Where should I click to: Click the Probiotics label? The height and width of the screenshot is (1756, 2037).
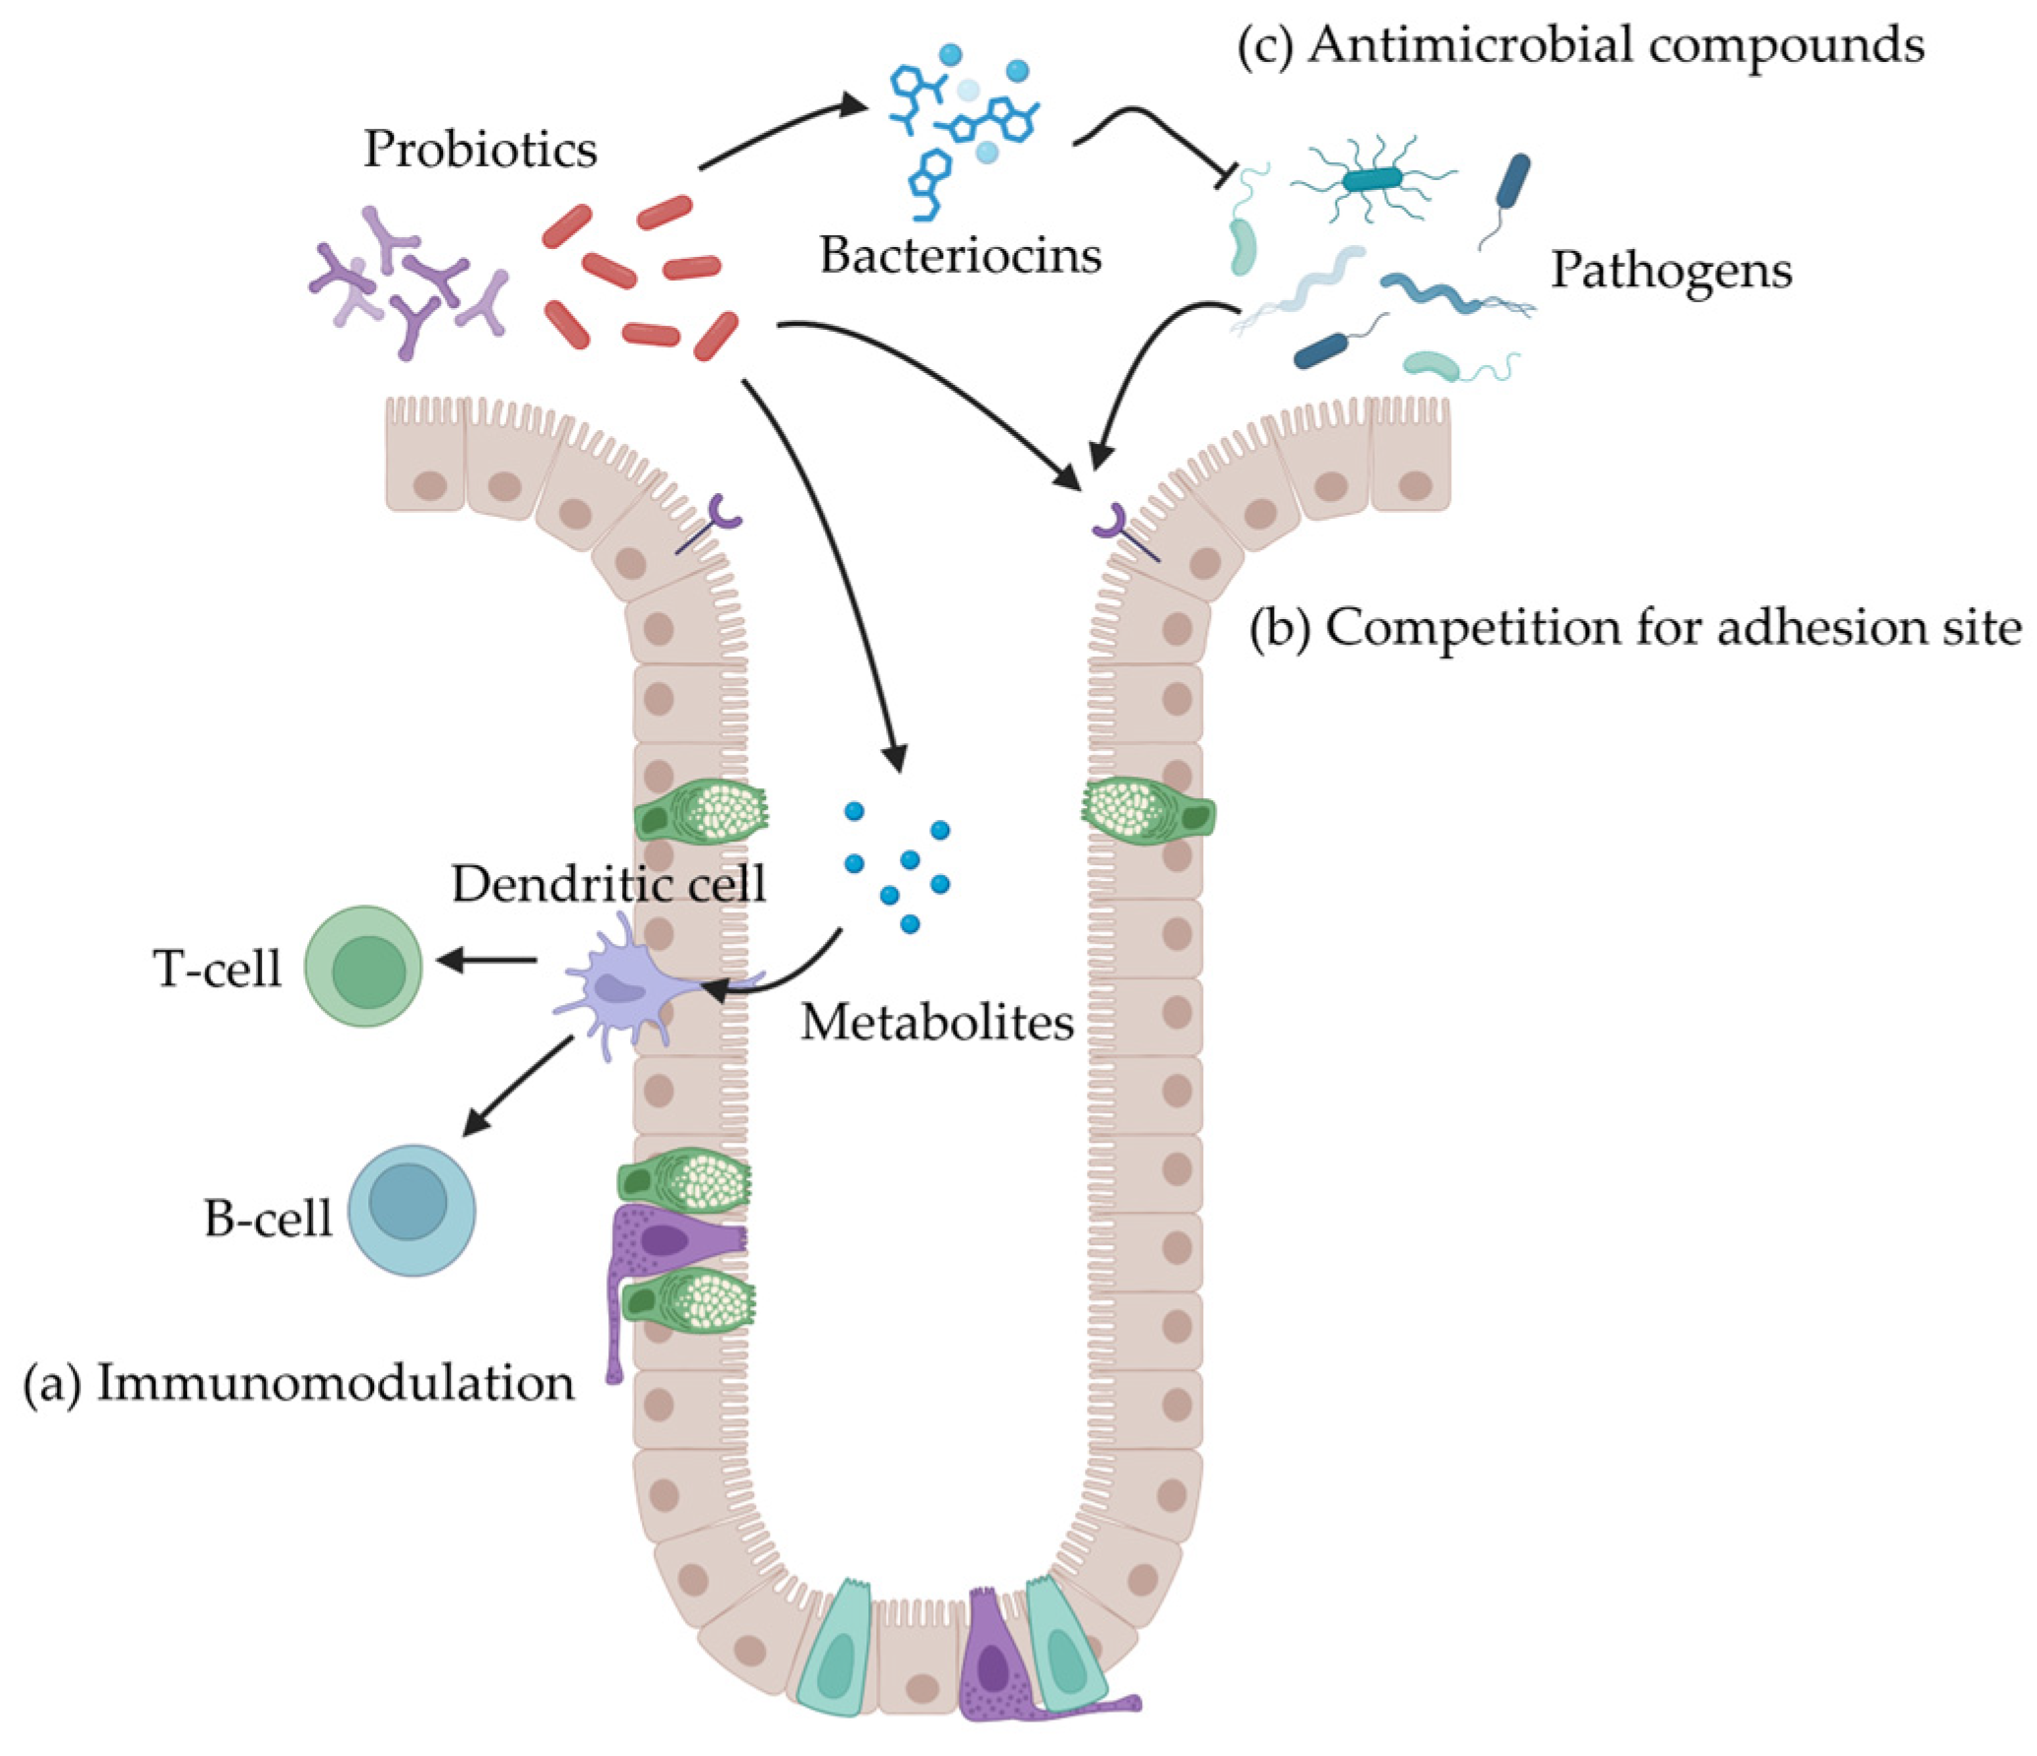479,150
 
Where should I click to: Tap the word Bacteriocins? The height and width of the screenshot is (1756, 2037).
960,256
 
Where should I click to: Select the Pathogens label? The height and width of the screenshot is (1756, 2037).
1671,270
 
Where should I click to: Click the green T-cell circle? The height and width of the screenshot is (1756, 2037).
363,967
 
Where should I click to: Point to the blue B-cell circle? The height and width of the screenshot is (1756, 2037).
411,1210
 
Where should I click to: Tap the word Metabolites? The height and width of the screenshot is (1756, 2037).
936,1023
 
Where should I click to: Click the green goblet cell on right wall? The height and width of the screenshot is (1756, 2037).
1147,812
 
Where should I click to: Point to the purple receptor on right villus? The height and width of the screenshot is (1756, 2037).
1113,522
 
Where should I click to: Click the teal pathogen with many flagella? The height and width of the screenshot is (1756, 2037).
1372,179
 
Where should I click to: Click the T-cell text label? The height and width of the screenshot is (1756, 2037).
217,969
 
